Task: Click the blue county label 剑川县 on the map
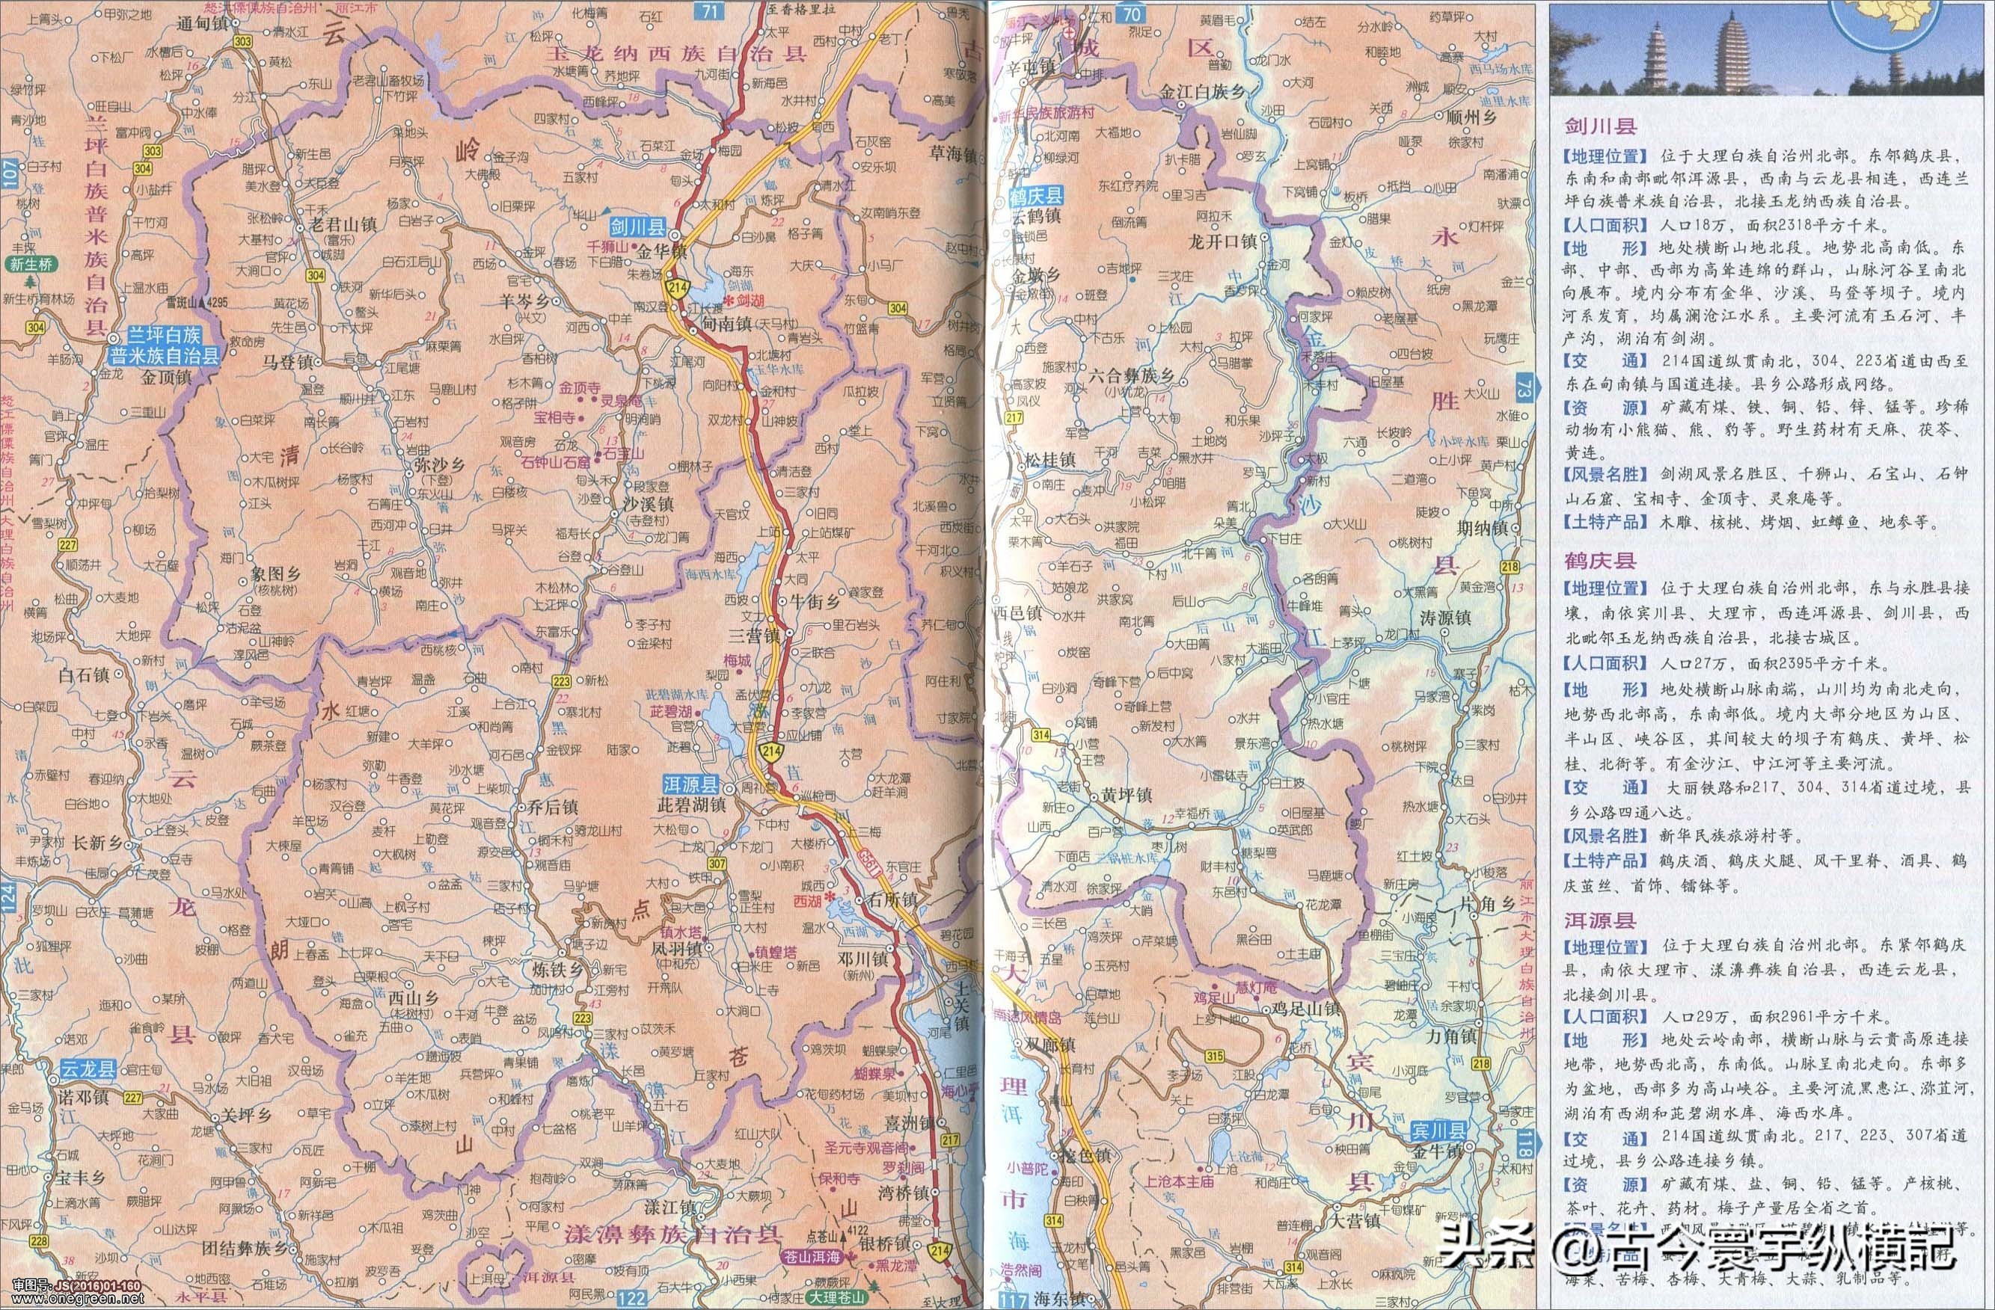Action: click(x=638, y=227)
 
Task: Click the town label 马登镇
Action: click(x=287, y=363)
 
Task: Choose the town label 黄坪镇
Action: click(x=1127, y=796)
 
